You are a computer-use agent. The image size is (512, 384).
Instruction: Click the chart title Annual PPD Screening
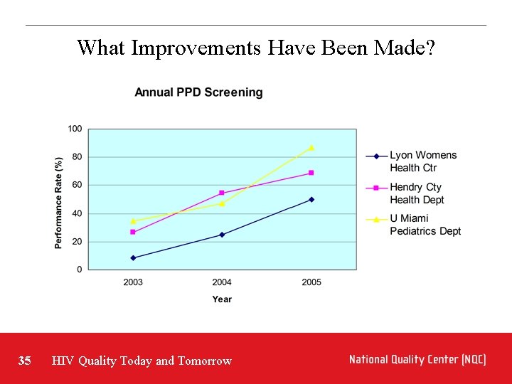pos(198,92)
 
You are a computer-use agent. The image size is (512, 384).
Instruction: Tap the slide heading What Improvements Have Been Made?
pos(256,48)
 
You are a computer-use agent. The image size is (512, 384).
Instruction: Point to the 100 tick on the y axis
pos(75,129)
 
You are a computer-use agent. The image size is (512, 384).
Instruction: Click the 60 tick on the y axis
pos(77,185)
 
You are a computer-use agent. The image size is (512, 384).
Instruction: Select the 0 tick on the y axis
pos(79,270)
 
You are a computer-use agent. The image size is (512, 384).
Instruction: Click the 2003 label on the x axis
pos(133,282)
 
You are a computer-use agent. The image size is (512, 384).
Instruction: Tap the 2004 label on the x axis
pos(222,282)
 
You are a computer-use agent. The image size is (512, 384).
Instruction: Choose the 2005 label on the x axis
pos(311,282)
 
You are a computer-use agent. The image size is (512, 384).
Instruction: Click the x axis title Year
pos(222,299)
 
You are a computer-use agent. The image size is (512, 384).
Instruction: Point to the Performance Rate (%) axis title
pos(58,202)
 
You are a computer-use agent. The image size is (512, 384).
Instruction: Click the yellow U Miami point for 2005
pos(311,147)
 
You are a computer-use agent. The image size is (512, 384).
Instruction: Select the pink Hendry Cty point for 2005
pos(311,173)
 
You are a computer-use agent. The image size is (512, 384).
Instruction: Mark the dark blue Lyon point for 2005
pos(311,200)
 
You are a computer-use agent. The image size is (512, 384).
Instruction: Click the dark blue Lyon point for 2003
pos(133,257)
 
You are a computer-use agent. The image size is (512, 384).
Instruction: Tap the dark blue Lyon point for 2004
pos(222,235)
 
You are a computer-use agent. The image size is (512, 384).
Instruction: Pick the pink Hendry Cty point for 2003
pos(133,232)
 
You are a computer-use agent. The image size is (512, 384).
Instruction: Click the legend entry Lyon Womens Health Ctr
pos(422,161)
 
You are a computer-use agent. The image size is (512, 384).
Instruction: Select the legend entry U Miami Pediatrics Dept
pos(425,225)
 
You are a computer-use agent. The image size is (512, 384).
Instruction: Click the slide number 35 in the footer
pos(25,361)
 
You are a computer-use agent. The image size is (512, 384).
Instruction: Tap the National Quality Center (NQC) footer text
pos(417,360)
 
